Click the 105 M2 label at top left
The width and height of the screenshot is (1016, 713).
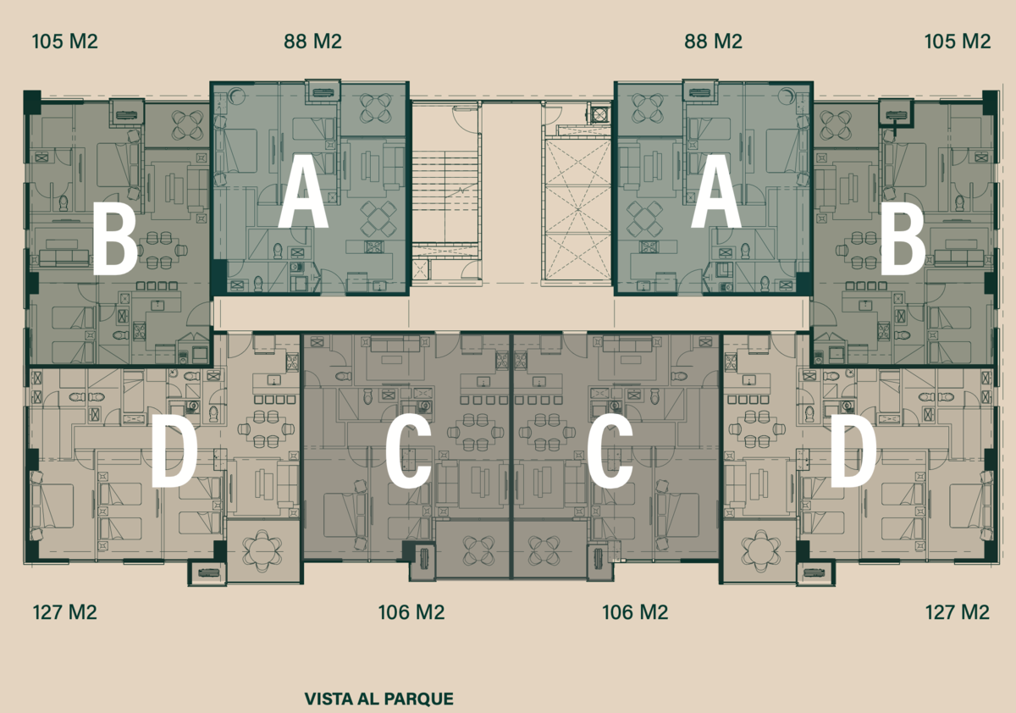(65, 41)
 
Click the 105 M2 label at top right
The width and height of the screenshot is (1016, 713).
(958, 41)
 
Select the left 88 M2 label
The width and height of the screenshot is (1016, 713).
(312, 41)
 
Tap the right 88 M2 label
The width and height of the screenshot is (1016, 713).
(713, 41)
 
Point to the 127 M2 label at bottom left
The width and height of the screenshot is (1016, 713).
(65, 612)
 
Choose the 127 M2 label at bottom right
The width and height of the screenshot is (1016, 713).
(957, 612)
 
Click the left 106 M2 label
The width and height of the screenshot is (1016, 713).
(411, 612)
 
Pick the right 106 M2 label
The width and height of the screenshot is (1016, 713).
(635, 612)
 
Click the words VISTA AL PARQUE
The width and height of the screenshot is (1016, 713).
(378, 699)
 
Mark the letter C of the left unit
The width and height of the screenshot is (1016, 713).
(408, 450)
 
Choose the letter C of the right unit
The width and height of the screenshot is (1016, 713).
(610, 450)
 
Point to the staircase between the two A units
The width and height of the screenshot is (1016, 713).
(445, 200)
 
